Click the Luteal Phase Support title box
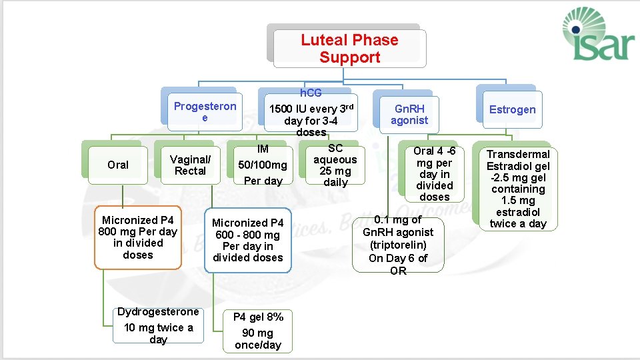click(x=349, y=49)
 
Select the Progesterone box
click(x=205, y=111)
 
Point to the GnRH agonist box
click(x=409, y=114)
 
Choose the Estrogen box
click(x=512, y=109)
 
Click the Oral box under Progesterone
click(x=118, y=165)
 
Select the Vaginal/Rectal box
click(x=190, y=165)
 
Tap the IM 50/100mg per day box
click(x=263, y=165)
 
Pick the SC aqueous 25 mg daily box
click(x=335, y=165)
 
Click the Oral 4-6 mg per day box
click(x=434, y=174)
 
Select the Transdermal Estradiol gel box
click(x=518, y=189)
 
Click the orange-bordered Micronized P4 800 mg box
click(x=138, y=237)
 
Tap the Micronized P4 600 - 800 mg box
click(x=248, y=240)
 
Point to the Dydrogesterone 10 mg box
click(x=158, y=325)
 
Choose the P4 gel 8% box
click(x=257, y=331)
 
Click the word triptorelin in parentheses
click(x=398, y=245)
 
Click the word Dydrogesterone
click(x=158, y=312)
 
